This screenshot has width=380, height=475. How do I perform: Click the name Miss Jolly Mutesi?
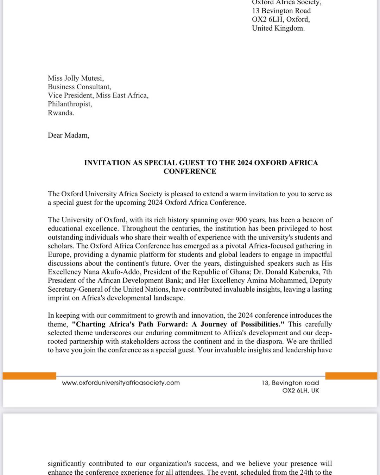76,78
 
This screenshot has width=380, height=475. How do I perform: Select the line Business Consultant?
79,87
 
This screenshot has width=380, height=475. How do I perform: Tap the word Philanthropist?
70,104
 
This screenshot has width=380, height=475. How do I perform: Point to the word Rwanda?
61,113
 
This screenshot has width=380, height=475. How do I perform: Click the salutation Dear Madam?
68,135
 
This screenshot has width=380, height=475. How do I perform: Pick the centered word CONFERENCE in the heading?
190,171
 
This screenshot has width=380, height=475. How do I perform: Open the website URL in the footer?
121,383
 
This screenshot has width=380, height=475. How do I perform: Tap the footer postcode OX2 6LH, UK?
300,391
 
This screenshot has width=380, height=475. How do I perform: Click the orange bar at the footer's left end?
29,376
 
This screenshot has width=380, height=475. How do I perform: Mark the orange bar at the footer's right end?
351,376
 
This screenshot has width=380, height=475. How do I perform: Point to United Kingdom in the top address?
278,28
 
